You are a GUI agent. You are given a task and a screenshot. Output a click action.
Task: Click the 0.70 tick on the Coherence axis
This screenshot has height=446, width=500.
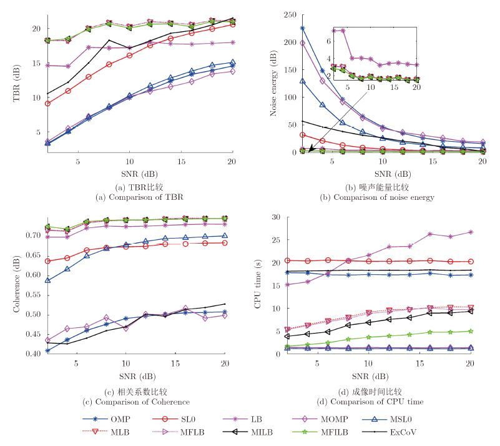(x=31, y=235)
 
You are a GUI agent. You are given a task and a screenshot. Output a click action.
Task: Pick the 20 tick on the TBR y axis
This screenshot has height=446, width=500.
(x=36, y=29)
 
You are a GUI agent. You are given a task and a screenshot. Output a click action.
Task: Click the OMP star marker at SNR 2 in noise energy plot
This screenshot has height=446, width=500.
(x=303, y=28)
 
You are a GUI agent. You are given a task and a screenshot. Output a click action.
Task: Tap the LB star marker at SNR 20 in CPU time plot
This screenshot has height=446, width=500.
(x=470, y=232)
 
